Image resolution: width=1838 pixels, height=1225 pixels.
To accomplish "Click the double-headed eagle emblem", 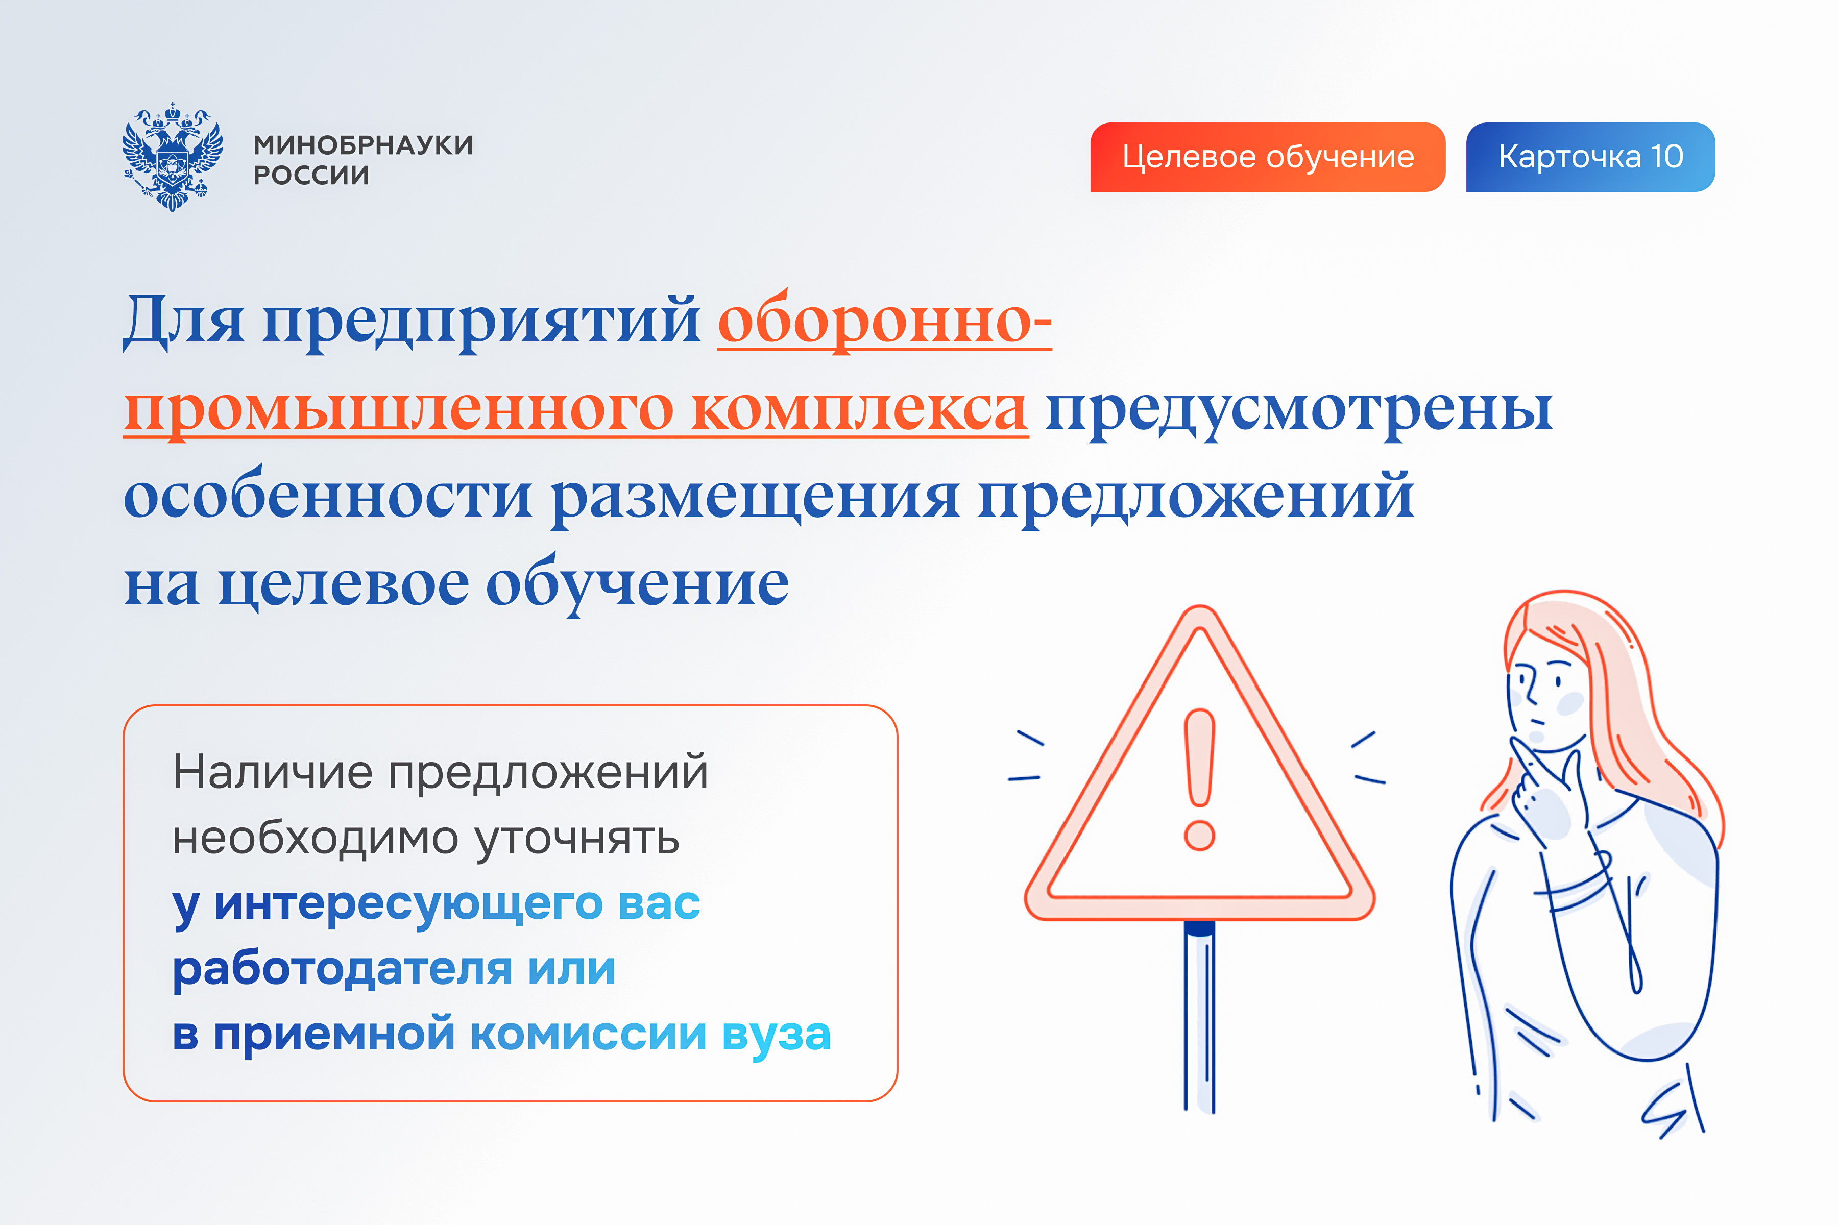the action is pyautogui.click(x=172, y=156).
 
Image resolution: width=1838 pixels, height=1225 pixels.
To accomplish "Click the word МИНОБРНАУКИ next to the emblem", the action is pyautogui.click(x=364, y=145).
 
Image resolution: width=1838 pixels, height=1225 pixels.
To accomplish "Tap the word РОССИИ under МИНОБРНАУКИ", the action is pyautogui.click(x=311, y=176).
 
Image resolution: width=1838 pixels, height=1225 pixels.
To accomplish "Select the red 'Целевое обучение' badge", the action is pyautogui.click(x=1268, y=157).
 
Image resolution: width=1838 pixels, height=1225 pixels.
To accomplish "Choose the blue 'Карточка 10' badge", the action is pyautogui.click(x=1590, y=157).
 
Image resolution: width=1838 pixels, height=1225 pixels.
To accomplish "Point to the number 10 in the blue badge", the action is pyautogui.click(x=1667, y=157).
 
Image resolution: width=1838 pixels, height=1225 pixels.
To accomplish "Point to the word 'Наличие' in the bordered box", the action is pyautogui.click(x=273, y=772).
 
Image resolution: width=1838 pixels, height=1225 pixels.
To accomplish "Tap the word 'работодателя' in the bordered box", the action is pyautogui.click(x=342, y=969).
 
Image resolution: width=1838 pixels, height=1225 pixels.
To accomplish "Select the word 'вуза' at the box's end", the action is pyautogui.click(x=776, y=1035).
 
